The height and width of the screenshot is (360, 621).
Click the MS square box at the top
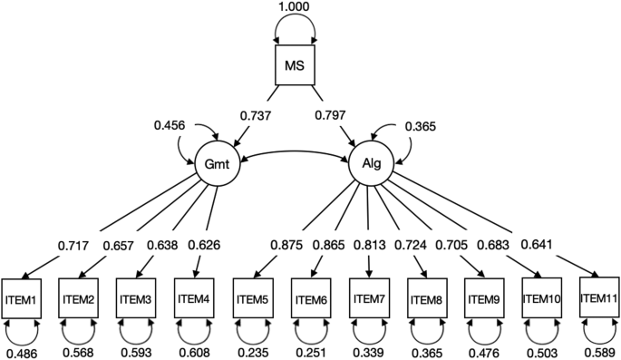[x=295, y=65]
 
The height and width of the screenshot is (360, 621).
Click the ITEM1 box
[x=21, y=298]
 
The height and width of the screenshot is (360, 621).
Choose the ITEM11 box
[x=598, y=297]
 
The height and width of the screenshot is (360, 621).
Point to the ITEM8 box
[x=426, y=298]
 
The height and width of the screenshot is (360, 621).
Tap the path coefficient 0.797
[x=333, y=116]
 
